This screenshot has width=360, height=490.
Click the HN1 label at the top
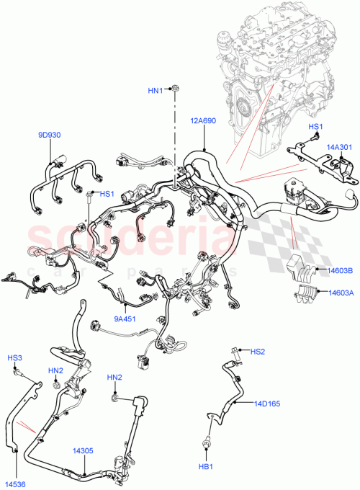point(156,90)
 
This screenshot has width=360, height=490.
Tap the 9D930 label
point(50,134)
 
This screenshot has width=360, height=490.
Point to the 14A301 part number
point(338,147)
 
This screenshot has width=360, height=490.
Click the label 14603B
point(341,271)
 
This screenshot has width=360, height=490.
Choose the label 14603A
point(341,293)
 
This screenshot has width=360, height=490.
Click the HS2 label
point(258,352)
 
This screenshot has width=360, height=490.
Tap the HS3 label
point(14,358)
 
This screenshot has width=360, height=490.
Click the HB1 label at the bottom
point(207,468)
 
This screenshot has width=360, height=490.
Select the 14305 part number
point(82,451)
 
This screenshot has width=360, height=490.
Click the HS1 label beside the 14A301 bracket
point(315,127)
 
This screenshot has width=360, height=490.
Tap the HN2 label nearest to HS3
point(55,370)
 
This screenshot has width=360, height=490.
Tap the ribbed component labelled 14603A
point(306,293)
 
